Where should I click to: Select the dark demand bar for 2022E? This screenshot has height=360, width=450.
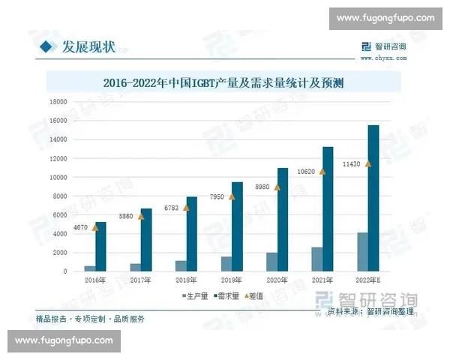(373, 198)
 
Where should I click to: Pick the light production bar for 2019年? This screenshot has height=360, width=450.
(226, 263)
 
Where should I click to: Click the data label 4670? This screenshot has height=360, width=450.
(80, 227)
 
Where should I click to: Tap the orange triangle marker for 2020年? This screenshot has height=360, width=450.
(277, 187)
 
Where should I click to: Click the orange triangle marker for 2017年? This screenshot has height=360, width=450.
(140, 216)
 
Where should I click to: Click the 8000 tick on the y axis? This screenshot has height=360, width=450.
(59, 196)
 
